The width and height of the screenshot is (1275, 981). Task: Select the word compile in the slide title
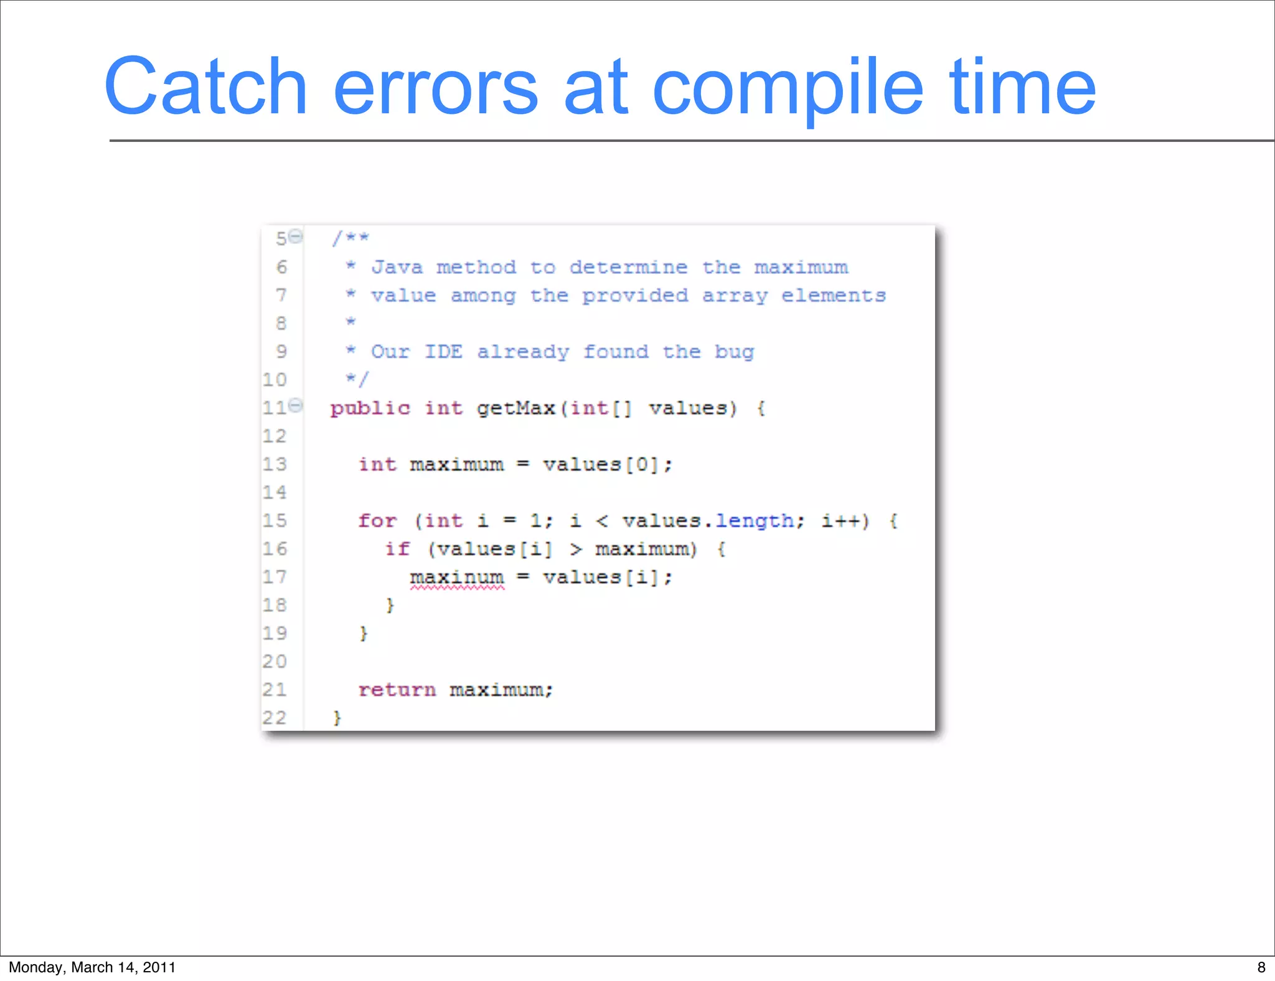(788, 87)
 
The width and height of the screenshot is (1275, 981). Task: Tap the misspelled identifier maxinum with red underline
(456, 578)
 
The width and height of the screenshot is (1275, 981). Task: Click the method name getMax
(515, 408)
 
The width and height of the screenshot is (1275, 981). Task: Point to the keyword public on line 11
(370, 409)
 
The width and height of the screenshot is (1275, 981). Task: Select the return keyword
(397, 690)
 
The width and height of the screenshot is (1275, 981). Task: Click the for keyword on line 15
(377, 520)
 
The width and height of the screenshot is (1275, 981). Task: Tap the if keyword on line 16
(397, 549)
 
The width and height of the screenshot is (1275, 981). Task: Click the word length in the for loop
(754, 520)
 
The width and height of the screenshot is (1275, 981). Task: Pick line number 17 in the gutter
(274, 577)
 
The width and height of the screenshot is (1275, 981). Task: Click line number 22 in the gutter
(274, 718)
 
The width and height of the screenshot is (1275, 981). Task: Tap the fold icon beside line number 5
(296, 236)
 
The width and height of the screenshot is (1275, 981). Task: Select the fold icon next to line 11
(296, 405)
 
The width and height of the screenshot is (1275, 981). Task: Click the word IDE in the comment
(443, 352)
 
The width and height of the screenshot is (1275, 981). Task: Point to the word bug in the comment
(734, 352)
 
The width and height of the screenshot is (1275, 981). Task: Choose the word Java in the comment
(397, 268)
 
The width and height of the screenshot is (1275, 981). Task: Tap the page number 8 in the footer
(1261, 967)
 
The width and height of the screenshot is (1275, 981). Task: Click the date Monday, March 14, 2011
(92, 967)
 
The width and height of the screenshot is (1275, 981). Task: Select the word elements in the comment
(833, 296)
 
